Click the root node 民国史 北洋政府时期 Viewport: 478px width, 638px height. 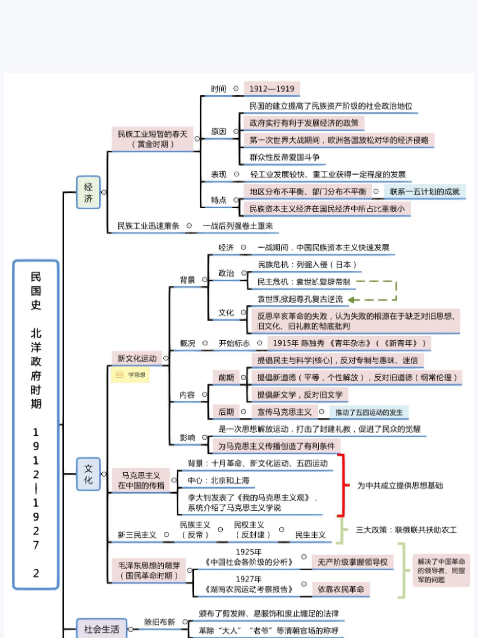[x=36, y=424]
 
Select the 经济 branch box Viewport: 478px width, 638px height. [x=89, y=192]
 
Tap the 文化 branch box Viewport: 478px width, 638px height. [x=89, y=474]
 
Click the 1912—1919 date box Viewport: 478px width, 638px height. [x=271, y=89]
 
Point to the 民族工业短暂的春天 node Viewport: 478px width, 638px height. [x=152, y=139]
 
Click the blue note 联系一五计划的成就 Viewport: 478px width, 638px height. [x=424, y=191]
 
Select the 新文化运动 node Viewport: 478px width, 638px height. [x=137, y=358]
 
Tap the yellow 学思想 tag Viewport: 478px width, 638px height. [x=131, y=375]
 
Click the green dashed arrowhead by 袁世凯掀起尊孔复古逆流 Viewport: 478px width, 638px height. [x=352, y=300]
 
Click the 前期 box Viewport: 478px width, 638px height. [x=226, y=377]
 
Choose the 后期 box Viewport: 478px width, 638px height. [x=226, y=412]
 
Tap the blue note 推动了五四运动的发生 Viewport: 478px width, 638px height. [x=369, y=412]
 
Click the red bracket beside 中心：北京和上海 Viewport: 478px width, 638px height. [x=341, y=485]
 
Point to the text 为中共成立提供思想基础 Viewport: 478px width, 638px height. [x=400, y=486]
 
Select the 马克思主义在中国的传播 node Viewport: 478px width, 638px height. [x=141, y=480]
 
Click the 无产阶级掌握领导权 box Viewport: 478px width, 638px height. [x=352, y=562]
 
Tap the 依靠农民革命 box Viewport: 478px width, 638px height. [x=340, y=589]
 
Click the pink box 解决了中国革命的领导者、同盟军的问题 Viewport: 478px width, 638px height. [x=441, y=570]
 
